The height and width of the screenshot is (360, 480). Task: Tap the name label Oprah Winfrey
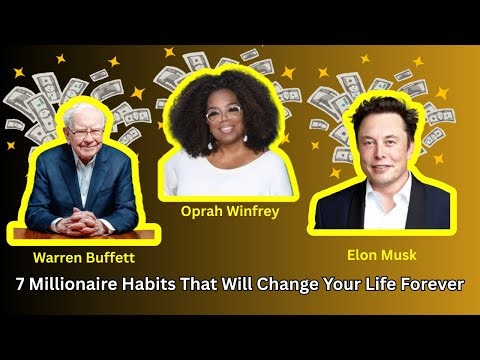click(x=229, y=211)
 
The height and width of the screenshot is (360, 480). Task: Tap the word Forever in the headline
click(x=431, y=285)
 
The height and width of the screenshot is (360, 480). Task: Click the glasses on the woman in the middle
click(x=223, y=113)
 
